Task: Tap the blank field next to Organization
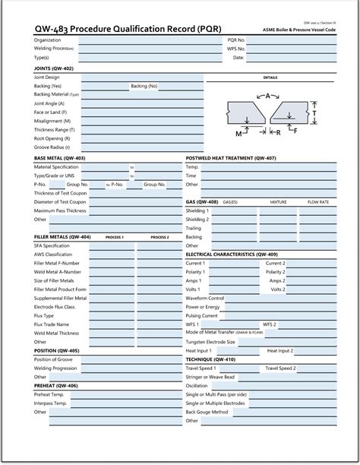click(144, 40)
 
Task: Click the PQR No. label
click(236, 40)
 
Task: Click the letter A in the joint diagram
click(268, 96)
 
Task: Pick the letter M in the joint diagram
click(238, 133)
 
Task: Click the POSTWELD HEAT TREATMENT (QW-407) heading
click(231, 158)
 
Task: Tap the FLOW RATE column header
click(318, 202)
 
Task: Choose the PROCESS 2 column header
click(159, 237)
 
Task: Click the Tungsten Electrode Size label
click(210, 342)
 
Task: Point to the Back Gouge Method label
click(207, 412)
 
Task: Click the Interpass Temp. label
click(51, 403)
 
